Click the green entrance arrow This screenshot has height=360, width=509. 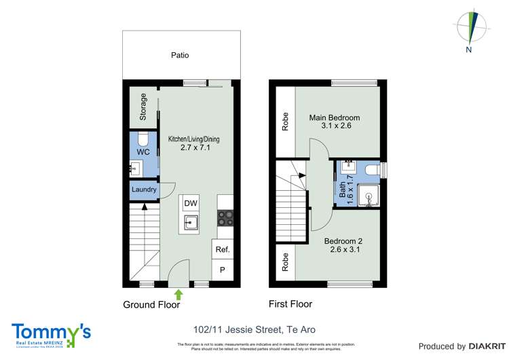pos(178,294)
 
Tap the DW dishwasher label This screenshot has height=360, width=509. pos(191,203)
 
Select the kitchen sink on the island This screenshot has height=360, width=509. pos(191,221)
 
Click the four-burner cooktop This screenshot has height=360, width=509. pos(225,217)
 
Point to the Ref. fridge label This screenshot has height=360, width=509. pos(223,250)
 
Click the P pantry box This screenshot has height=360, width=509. pos(223,270)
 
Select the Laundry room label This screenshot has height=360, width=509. pos(144,190)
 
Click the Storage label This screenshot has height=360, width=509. pos(143,107)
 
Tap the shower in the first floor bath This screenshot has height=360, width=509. pos(369,195)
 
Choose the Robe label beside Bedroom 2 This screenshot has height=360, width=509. pos(286,262)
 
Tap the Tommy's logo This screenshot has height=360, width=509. pos(51,332)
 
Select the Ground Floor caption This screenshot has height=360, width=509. pos(151,305)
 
